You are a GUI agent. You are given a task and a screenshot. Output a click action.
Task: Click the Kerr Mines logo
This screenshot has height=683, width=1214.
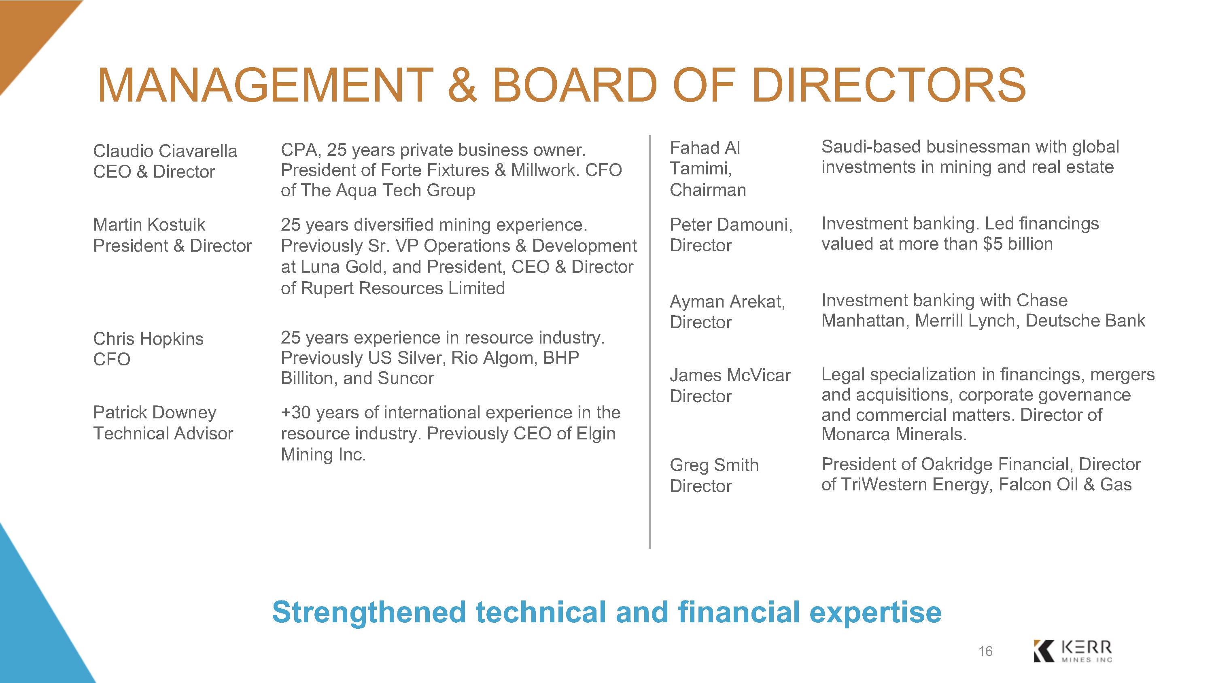[x=1073, y=651]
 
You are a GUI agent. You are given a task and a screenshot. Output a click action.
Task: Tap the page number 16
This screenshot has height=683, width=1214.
[x=985, y=651]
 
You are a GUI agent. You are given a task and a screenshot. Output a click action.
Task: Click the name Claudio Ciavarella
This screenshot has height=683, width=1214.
[x=165, y=151]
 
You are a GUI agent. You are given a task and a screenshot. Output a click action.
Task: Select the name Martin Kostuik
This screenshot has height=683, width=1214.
[x=149, y=225]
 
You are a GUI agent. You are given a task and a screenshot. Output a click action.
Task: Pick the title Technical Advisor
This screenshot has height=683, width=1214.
[x=163, y=433]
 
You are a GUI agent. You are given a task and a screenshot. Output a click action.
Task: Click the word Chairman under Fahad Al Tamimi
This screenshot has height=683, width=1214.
[x=708, y=189]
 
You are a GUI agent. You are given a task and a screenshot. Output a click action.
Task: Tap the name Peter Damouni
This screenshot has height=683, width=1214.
[x=731, y=225]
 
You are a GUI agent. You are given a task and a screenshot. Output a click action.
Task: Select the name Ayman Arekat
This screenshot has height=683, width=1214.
[x=727, y=302]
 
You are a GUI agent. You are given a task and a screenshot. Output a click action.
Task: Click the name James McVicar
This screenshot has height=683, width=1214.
[x=730, y=375]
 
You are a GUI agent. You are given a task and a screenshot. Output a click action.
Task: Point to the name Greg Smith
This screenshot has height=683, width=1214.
[x=714, y=465]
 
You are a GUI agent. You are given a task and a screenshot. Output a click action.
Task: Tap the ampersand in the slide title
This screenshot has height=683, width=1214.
[x=462, y=85]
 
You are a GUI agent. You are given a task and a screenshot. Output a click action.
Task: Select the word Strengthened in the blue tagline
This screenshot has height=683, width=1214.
[x=369, y=612]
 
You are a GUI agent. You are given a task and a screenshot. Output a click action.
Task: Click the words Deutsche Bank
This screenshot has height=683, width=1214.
[x=1085, y=320]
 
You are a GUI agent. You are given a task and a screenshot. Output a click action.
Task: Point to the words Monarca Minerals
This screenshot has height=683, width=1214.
[x=894, y=434]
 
